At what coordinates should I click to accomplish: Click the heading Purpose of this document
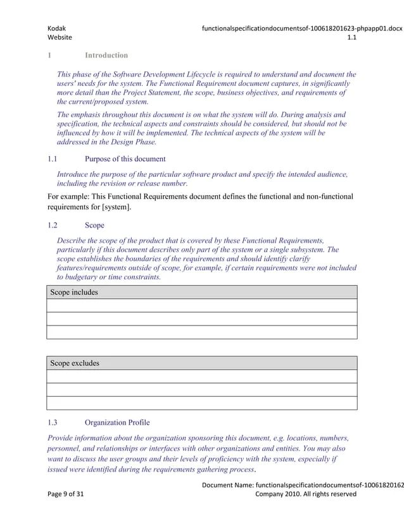(125, 159)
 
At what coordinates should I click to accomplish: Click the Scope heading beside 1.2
(94, 225)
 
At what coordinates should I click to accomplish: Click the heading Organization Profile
(117, 422)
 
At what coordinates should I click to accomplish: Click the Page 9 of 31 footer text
(65, 494)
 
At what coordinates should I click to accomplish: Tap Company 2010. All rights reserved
(305, 494)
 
